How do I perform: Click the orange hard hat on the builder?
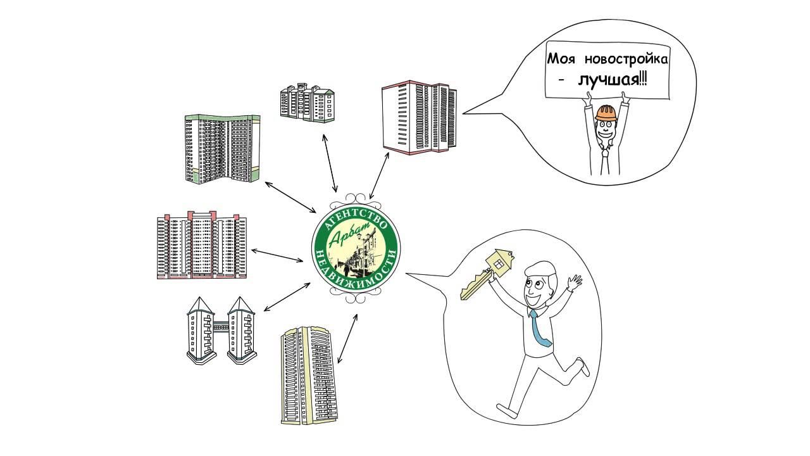(606, 113)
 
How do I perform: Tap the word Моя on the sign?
(560, 60)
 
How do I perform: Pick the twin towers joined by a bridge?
(220, 330)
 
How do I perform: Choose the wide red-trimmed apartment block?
(201, 246)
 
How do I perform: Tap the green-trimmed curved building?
(221, 149)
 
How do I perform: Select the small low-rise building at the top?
(308, 102)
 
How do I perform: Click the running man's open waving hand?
(574, 281)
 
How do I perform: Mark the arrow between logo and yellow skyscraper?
(347, 338)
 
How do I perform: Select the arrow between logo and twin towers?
(284, 297)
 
